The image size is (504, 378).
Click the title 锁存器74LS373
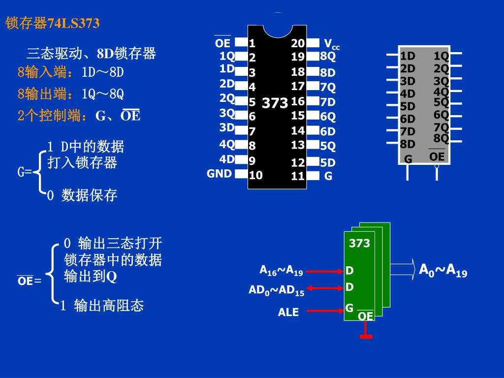tap(53, 23)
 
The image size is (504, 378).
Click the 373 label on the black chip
tap(275, 103)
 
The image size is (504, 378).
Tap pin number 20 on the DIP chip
tap(298, 43)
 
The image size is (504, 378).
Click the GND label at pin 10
tap(219, 173)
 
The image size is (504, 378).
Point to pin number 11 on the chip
tap(298, 176)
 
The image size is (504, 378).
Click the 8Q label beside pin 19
tap(328, 56)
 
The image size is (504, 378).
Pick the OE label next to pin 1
tap(222, 43)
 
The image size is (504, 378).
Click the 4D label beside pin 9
tap(227, 159)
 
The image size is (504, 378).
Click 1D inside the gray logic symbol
tap(408, 56)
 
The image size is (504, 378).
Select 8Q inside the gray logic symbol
tap(441, 138)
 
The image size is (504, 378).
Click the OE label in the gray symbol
tap(437, 157)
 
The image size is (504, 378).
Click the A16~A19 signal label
tap(281, 270)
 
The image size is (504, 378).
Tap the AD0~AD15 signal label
tap(276, 290)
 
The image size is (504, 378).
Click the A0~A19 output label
tap(443, 270)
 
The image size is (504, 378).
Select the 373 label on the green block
tap(359, 243)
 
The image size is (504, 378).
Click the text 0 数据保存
tap(82, 195)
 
